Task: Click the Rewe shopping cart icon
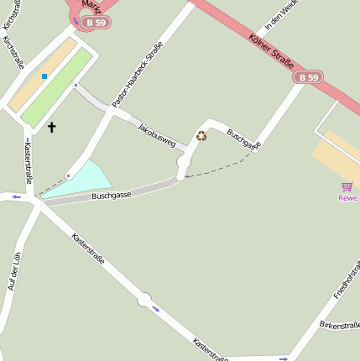click(347, 186)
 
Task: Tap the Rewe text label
click(347, 198)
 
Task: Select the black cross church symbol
click(52, 127)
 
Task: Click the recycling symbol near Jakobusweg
click(201, 136)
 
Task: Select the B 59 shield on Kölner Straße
click(308, 77)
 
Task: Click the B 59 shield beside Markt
click(96, 23)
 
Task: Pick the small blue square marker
click(44, 76)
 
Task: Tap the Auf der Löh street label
click(13, 271)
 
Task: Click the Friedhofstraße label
click(347, 280)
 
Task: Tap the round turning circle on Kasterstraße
click(144, 299)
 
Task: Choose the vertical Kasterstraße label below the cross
click(29, 163)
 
